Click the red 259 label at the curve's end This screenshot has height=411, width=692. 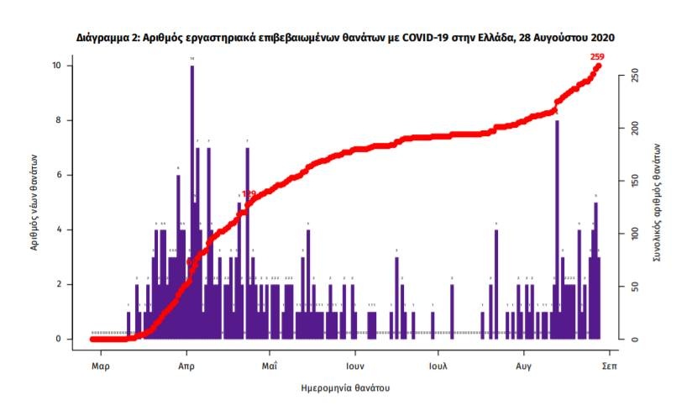click(597, 57)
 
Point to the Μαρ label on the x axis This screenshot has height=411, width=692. click(101, 367)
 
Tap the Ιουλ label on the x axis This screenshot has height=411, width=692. click(437, 367)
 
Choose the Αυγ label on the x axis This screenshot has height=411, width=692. click(523, 367)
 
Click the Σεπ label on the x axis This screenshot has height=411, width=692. click(609, 367)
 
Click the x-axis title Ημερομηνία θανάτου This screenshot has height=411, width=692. click(344, 389)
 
